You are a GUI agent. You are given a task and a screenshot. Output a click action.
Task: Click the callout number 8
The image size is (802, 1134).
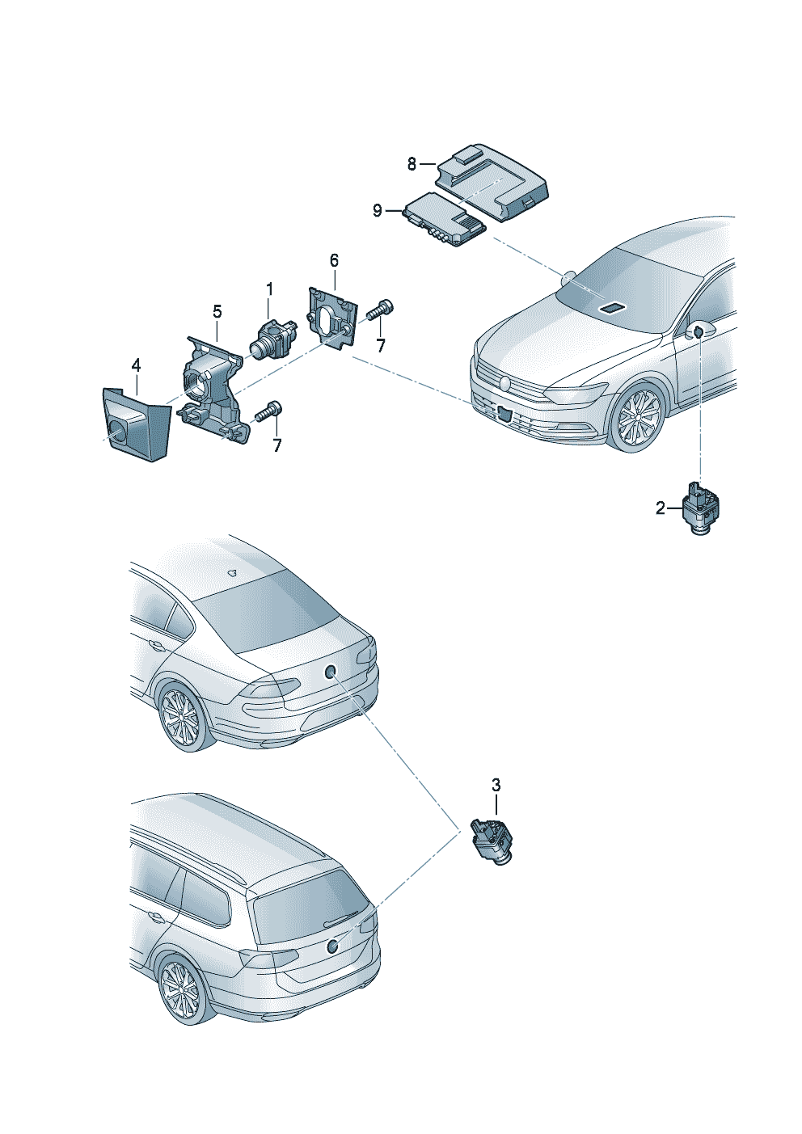click(412, 164)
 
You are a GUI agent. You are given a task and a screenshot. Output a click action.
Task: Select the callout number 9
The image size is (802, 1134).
click(378, 211)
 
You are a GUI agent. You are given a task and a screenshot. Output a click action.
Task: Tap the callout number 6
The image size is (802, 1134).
click(334, 260)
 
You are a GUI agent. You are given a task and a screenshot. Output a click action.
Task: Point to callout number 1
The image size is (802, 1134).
click(270, 289)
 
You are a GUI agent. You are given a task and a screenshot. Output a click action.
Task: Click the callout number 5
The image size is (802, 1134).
click(217, 312)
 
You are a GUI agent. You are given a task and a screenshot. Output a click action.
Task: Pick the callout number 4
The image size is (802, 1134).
click(136, 366)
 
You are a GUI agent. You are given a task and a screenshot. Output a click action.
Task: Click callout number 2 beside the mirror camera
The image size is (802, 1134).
click(661, 508)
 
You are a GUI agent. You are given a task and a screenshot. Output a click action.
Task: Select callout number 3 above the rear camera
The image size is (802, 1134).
click(496, 785)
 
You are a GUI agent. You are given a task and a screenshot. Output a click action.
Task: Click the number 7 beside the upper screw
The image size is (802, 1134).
click(381, 346)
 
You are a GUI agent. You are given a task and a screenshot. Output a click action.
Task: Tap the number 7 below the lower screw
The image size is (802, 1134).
click(277, 445)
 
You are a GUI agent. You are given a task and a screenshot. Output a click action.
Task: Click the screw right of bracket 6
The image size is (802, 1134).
click(379, 310)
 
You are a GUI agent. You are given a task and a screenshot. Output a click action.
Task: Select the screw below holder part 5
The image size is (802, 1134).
click(268, 411)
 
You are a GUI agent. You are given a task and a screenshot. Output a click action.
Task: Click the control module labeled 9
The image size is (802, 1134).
click(445, 220)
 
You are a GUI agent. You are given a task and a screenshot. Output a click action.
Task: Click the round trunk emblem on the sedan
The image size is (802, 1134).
click(329, 670)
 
